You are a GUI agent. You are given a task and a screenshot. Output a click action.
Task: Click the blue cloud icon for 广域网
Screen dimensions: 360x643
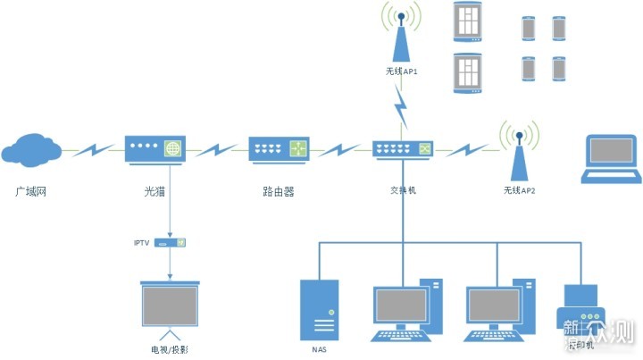point(32,148)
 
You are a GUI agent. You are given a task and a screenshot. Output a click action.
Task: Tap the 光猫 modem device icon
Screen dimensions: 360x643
point(154,148)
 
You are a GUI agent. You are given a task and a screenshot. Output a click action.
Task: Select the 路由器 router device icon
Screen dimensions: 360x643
point(278,148)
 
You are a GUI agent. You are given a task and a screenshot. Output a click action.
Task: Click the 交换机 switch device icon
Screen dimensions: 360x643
point(401,148)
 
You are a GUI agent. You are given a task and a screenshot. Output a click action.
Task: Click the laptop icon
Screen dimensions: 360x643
point(611,159)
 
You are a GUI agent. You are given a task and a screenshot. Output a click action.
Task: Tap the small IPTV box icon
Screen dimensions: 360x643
point(170,242)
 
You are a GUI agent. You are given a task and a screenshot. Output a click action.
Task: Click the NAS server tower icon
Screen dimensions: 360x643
point(320,309)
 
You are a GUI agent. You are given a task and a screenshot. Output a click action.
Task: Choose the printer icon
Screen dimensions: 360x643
point(581,310)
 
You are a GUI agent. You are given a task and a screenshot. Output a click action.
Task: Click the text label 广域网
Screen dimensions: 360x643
point(31,192)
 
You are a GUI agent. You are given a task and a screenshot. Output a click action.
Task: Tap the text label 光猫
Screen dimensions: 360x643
point(155,191)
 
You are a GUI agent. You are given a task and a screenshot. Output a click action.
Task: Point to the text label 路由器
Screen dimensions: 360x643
point(279,191)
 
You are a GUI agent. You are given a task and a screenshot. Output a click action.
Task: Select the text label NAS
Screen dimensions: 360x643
point(320,349)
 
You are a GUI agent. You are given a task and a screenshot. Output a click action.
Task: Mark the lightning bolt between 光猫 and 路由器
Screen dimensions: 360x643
point(216,148)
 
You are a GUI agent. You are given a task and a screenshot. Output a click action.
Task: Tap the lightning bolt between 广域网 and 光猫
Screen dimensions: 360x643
point(93,148)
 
